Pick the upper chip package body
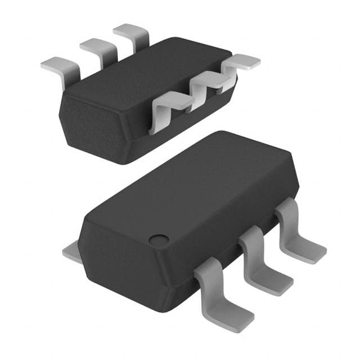point(141,101)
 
